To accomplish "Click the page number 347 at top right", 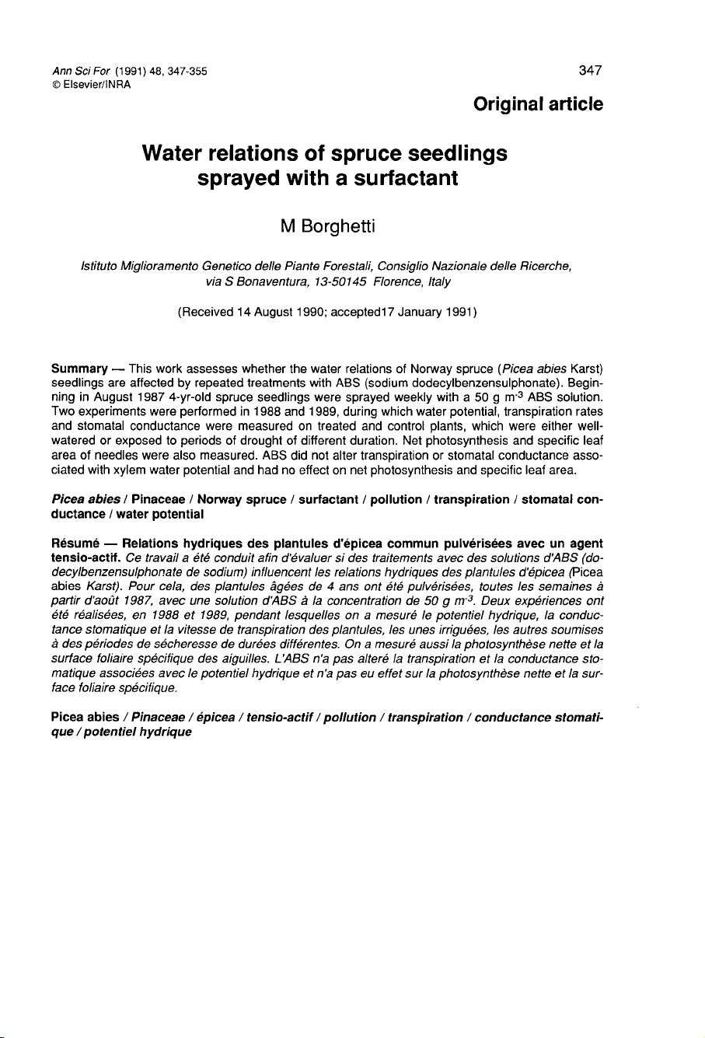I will pyautogui.click(x=591, y=72).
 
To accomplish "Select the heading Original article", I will pyautogui.click(x=538, y=104).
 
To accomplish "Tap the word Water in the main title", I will pyautogui.click(x=175, y=153).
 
